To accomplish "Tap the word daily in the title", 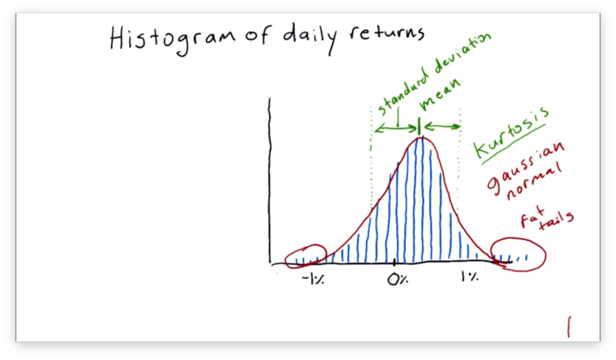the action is (310, 38).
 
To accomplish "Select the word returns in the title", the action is (387, 33).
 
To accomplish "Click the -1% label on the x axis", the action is (313, 279).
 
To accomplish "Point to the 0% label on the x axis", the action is (398, 279).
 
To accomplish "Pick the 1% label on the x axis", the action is (470, 277).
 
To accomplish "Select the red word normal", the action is (533, 181).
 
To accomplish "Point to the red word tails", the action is (556, 220).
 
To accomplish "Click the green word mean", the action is (439, 94).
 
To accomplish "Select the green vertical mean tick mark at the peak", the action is (419, 127).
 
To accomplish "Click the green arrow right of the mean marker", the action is (442, 127).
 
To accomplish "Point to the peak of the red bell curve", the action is (421, 137).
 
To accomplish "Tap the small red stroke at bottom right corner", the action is (569, 327).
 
